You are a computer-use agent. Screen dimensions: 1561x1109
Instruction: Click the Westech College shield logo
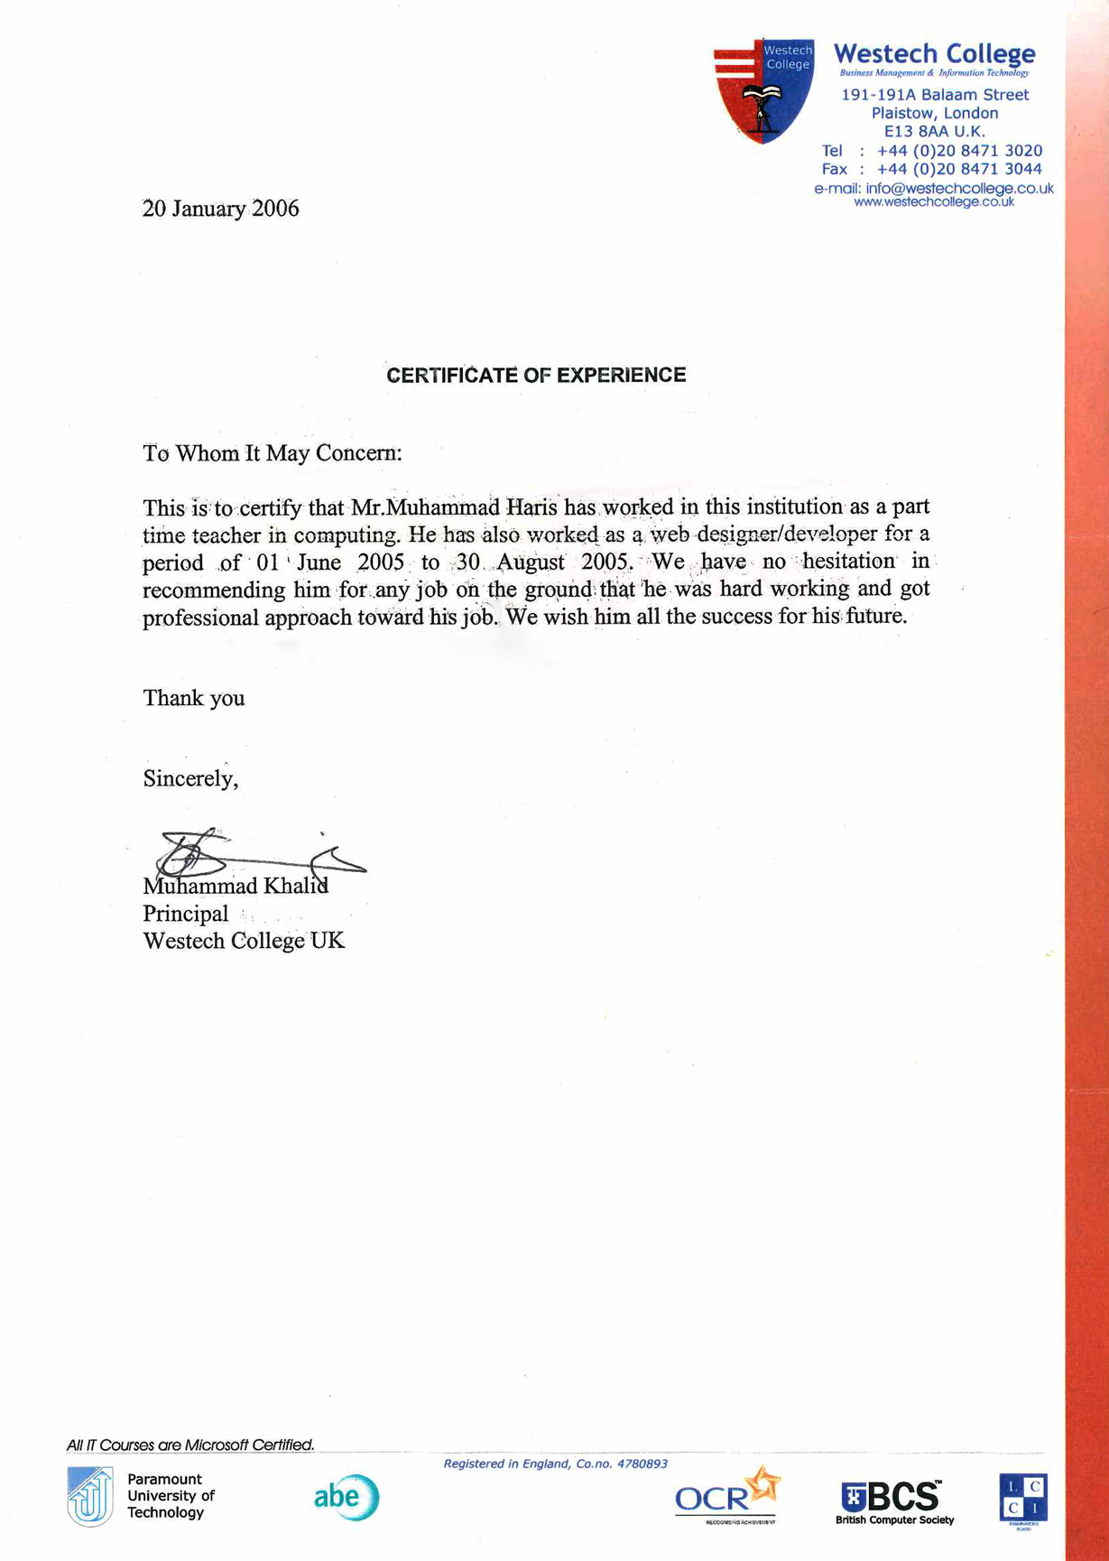coord(763,90)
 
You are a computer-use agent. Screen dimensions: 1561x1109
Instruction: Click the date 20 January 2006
coord(220,209)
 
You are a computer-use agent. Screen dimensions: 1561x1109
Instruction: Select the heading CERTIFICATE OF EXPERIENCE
coord(536,376)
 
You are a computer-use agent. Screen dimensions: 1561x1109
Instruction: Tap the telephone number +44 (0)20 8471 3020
coord(959,151)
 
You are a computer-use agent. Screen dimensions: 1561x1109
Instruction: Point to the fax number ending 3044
coord(959,169)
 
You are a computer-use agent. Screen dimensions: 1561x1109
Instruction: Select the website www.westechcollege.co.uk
coord(934,202)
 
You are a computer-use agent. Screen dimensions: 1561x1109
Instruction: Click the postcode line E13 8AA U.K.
coord(934,132)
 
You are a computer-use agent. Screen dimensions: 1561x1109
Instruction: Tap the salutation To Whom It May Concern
coord(272,453)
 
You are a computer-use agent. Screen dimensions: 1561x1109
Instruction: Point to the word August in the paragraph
coord(531,562)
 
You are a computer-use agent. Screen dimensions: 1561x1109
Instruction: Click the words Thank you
coord(193,698)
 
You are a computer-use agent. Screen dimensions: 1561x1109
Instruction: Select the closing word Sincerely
coord(189,778)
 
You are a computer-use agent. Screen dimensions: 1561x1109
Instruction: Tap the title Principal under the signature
coord(185,914)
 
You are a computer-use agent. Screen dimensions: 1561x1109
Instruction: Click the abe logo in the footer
coord(347,1497)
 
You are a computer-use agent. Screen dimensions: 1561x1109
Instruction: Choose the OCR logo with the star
coord(727,1495)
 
